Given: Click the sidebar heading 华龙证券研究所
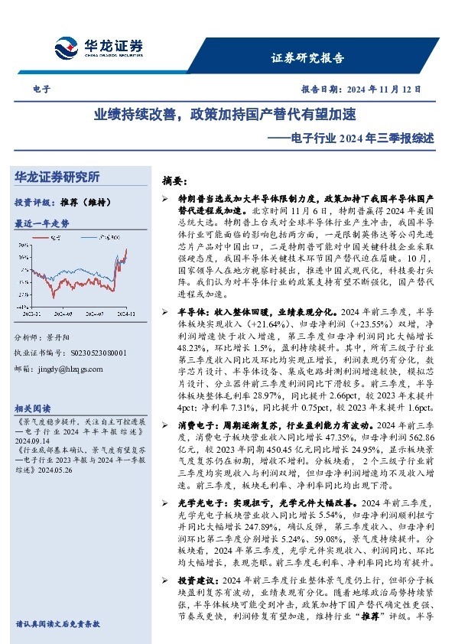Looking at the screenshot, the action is tap(57, 177).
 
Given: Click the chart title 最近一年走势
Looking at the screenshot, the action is tap(42, 223).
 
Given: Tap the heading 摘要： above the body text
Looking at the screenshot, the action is tap(175, 181).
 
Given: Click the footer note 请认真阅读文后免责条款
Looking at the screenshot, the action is tap(58, 624).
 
